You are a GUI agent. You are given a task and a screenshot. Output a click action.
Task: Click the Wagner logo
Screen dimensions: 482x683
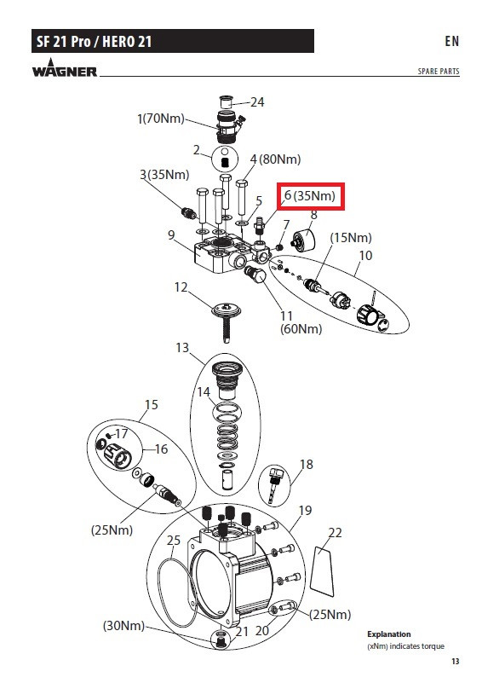tap(65, 69)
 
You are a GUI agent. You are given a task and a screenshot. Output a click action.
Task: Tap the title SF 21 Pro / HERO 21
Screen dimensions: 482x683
tap(94, 42)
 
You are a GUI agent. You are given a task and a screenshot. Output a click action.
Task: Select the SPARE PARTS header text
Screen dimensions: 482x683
tap(438, 71)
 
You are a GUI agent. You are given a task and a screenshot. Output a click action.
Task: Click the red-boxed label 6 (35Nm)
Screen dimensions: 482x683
tap(310, 196)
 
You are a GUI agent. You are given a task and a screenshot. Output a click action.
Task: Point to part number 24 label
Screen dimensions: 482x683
tap(257, 102)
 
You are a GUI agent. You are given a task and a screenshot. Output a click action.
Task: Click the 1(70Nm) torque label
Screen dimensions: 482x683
tap(161, 119)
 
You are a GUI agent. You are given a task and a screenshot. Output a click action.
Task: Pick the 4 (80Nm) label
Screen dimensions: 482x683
tap(275, 159)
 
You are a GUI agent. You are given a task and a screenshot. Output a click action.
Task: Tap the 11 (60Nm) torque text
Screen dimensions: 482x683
tap(301, 322)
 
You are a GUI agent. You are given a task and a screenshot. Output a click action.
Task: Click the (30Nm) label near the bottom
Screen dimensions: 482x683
tap(123, 626)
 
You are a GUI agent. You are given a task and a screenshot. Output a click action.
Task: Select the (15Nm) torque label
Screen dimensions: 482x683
tap(351, 238)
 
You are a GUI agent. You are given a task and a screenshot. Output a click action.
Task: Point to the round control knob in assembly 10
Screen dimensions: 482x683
tap(366, 314)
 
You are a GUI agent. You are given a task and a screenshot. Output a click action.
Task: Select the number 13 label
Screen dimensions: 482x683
tap(182, 348)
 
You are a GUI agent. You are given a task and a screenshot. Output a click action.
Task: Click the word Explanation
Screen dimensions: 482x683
tap(389, 634)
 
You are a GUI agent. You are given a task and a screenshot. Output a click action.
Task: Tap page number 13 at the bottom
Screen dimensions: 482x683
tap(455, 661)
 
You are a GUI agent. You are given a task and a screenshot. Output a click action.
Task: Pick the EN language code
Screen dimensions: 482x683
tap(452, 41)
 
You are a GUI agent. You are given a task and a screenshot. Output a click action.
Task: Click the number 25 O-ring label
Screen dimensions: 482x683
tap(173, 540)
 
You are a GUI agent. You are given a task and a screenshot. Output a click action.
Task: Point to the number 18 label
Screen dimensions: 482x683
tap(307, 465)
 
